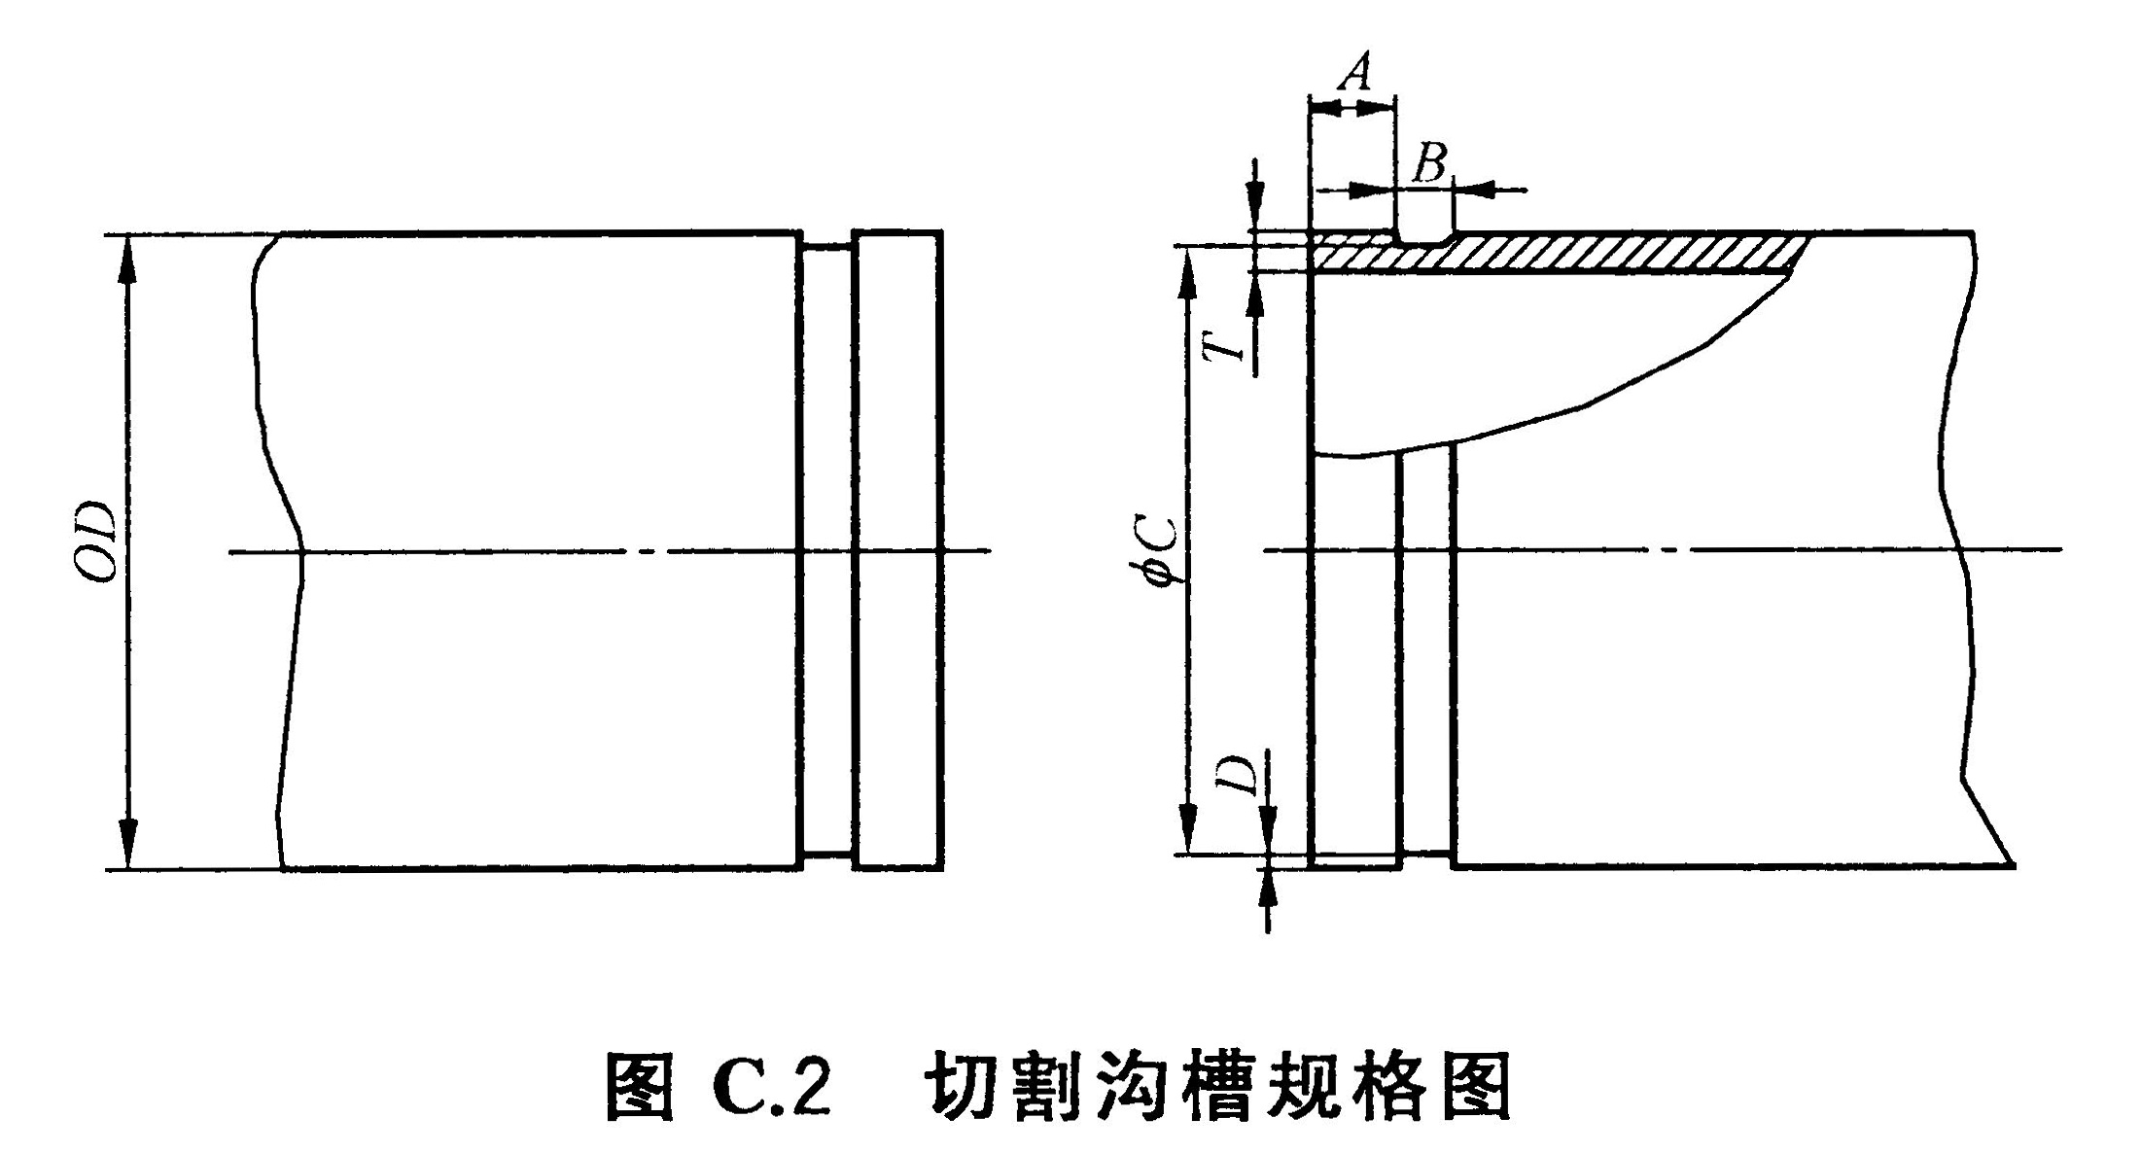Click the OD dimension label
point(97,543)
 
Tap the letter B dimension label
point(1428,164)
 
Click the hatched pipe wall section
point(1604,253)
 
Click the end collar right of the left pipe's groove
point(897,549)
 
